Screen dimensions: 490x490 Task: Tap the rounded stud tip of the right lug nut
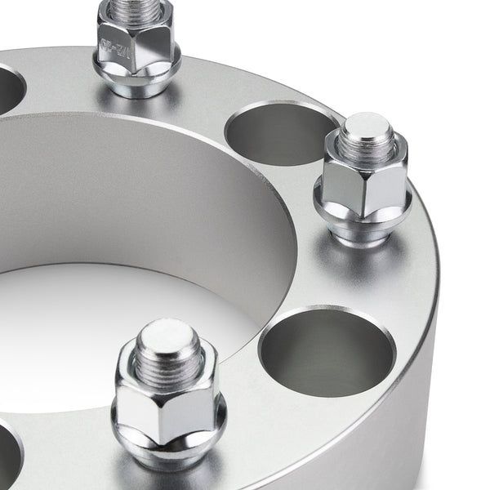(x=365, y=126)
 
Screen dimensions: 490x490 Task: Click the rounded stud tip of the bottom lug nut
(x=167, y=332)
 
